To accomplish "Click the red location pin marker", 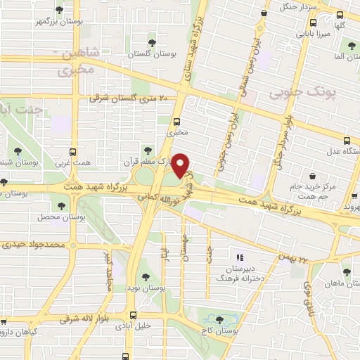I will tap(181, 165).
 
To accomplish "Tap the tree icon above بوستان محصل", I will tap(62, 206).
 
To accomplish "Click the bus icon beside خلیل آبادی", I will tap(132, 316).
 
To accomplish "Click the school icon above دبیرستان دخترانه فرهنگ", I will tap(240, 257).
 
